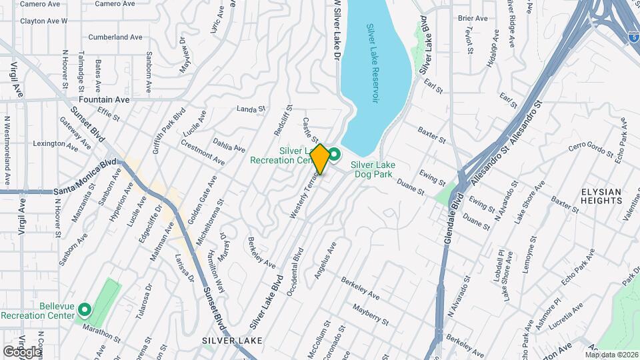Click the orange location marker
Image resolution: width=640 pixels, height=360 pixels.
click(320, 159)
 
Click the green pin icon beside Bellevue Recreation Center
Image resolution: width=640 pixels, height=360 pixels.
click(85, 309)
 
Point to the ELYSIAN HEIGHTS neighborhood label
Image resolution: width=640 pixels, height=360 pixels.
click(601, 196)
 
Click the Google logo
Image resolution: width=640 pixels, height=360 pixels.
click(21, 351)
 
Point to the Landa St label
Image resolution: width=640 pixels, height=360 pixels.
click(251, 109)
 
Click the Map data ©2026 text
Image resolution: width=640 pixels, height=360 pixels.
click(611, 355)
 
